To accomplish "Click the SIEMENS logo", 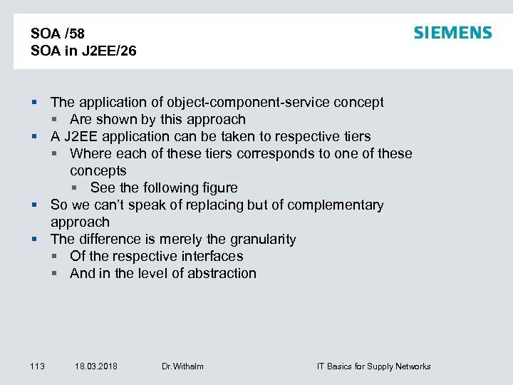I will (x=452, y=33).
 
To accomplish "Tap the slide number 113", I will (x=38, y=366).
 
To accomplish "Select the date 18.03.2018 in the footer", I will (x=96, y=366).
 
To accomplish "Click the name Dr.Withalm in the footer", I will (x=182, y=366).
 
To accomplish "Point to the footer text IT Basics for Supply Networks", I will (x=373, y=366).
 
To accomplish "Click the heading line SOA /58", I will (x=58, y=34).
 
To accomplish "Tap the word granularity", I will (x=263, y=240).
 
